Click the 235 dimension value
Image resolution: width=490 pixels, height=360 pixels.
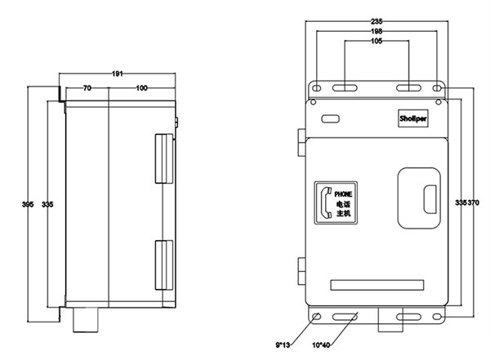[x=376, y=21]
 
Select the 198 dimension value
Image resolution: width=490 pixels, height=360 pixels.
[x=376, y=31]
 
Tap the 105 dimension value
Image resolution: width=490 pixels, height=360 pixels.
[x=376, y=41]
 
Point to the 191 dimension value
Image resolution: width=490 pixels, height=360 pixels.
[x=117, y=73]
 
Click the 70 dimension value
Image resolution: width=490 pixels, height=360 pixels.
[x=87, y=88]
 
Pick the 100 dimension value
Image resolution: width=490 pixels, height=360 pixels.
[x=141, y=88]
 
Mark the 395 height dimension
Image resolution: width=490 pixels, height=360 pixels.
[x=28, y=204]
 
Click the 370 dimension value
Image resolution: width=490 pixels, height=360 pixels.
[x=473, y=202]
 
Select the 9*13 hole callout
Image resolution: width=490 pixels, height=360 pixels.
[x=283, y=345]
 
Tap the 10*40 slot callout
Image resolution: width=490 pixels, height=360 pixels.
[x=321, y=345]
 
